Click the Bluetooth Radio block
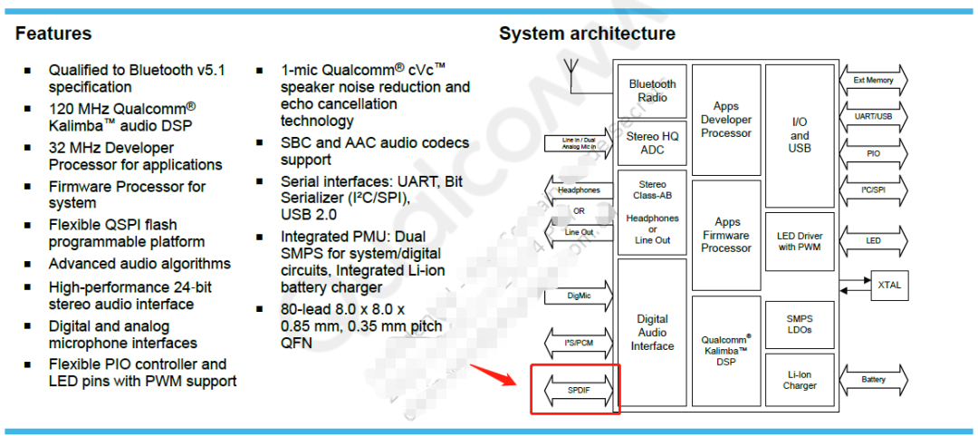(652, 91)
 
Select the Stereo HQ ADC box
(652, 143)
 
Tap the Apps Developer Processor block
(725, 120)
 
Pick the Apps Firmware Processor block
(725, 235)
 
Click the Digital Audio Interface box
(652, 332)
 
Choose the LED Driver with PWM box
(799, 241)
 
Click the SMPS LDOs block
(799, 324)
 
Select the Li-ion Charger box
(799, 379)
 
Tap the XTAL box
(888, 285)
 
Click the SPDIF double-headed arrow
(576, 390)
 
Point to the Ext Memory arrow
(873, 81)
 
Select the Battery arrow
(873, 380)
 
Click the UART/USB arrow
(873, 117)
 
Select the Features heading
(53, 34)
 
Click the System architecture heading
(587, 34)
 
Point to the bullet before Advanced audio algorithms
(27, 264)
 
